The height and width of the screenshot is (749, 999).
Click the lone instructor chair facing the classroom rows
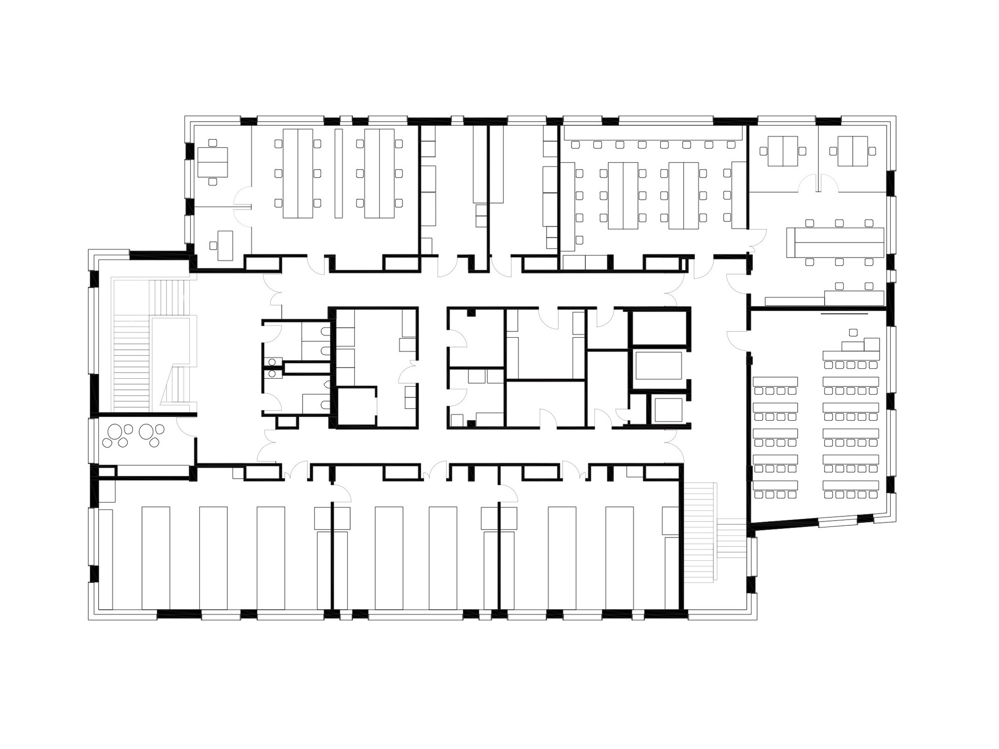[x=853, y=332]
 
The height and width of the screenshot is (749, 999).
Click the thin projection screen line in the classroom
[x=845, y=314]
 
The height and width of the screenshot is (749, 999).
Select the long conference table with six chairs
[x=839, y=243]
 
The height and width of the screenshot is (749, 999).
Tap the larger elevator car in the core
[x=658, y=365]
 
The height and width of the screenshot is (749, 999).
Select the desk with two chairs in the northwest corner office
[x=213, y=162]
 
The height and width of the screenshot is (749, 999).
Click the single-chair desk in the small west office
[x=225, y=246]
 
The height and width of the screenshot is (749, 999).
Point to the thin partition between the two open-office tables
[x=339, y=173]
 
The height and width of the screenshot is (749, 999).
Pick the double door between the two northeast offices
[x=818, y=183]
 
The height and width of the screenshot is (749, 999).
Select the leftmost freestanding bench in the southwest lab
[x=155, y=558]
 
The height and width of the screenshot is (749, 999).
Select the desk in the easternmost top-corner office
[x=852, y=151]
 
